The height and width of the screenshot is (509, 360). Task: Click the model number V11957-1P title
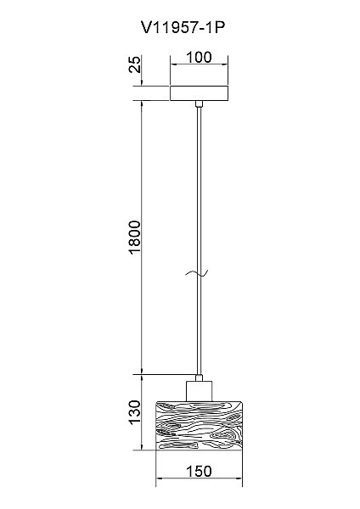(x=183, y=28)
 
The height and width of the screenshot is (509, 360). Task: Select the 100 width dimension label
(x=199, y=57)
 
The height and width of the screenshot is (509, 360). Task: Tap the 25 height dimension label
(x=135, y=64)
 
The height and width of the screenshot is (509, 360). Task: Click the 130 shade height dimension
(x=135, y=412)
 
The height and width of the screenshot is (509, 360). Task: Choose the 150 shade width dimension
(x=199, y=472)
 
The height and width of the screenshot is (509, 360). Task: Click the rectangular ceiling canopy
(x=199, y=93)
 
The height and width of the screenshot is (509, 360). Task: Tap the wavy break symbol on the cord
(x=197, y=274)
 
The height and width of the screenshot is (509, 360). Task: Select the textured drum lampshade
(x=200, y=426)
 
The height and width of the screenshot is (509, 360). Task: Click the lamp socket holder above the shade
(x=199, y=391)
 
